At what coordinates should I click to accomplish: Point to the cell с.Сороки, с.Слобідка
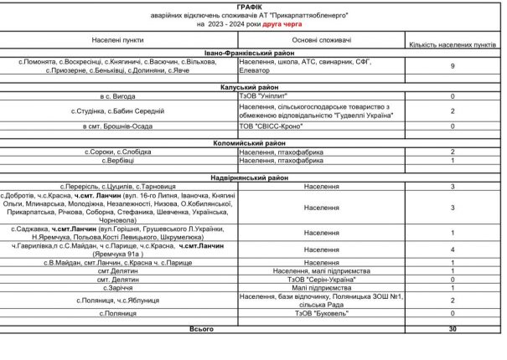click(118, 152)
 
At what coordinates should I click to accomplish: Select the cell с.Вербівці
click(118, 160)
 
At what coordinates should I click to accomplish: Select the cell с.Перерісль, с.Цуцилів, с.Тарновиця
click(118, 185)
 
